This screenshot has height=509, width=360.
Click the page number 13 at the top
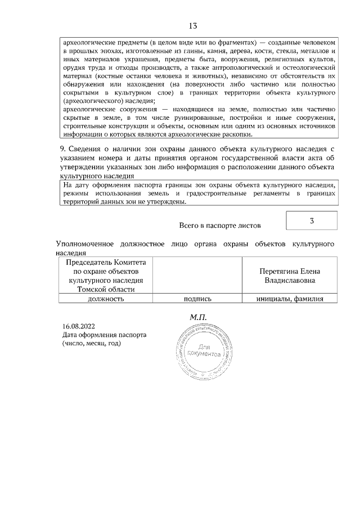pos(192,26)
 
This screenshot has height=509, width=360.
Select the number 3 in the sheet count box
pos(311,220)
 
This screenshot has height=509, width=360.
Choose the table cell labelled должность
pos(106,299)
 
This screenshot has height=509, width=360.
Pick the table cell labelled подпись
pos(197,299)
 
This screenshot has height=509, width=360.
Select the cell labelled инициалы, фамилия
pos(290,299)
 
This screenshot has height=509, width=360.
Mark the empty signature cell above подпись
pos(197,275)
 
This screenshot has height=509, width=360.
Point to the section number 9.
pos(63,148)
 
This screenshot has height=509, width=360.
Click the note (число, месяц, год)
pos(92,343)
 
